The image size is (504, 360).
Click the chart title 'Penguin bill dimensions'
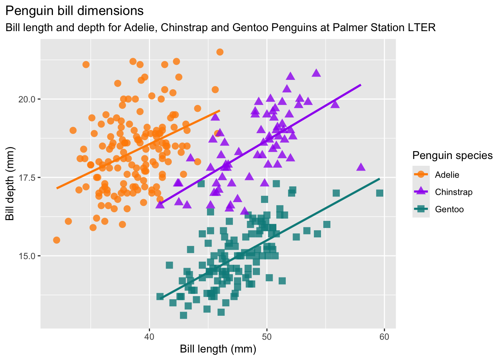pos(75,11)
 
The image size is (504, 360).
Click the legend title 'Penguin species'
pos(452,155)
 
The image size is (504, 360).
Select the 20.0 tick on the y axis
pos(28,99)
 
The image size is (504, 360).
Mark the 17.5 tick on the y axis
pos(28,177)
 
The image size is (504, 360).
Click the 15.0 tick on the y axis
pos(28,256)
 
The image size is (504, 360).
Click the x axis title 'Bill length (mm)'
pos(218,349)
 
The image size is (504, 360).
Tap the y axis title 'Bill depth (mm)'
pos(10,183)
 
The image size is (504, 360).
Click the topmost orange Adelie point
pos(220,52)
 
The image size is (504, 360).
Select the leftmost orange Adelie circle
pos(57,240)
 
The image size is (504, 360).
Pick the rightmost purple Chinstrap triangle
pos(361,167)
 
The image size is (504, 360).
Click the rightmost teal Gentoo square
pos(379,193)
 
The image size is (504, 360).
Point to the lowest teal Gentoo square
pos(183,315)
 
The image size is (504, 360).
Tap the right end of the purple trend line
pos(360,85)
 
